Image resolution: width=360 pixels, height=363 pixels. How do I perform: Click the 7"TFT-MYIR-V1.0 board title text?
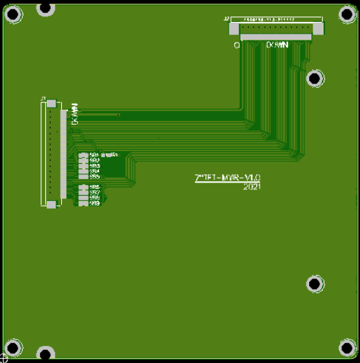point(228,178)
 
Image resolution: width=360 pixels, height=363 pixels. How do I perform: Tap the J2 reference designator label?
point(227,19)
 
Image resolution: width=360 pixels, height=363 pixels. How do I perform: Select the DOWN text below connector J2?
point(276,45)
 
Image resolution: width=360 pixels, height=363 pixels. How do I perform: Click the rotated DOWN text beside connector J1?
point(74,113)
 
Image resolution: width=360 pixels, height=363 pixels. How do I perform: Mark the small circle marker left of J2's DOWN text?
point(236,45)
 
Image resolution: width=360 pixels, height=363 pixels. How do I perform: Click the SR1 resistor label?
point(94,155)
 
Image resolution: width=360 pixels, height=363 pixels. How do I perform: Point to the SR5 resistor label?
point(94,176)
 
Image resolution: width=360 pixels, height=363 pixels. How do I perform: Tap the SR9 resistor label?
point(94,204)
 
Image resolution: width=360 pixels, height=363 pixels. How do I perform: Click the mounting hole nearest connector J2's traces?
point(315,78)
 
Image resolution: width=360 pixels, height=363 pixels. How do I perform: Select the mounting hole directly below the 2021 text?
point(315,283)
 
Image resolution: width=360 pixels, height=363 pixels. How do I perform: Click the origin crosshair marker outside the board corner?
point(3,358)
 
